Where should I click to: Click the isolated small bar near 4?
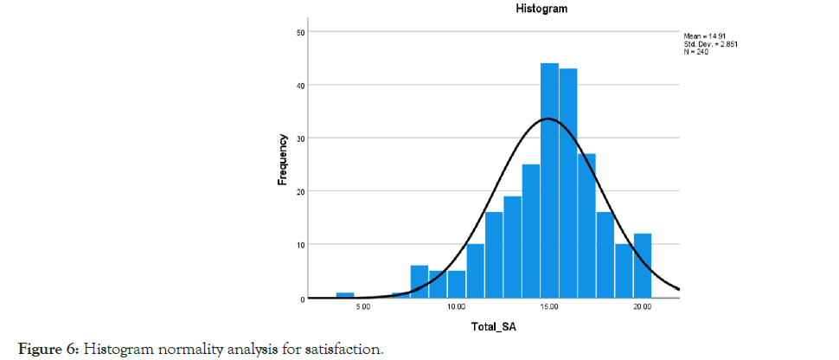(x=345, y=295)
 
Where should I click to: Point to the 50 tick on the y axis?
(x=300, y=32)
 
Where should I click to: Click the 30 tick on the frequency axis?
(x=300, y=138)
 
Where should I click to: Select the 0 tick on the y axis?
(x=303, y=299)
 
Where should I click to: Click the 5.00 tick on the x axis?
(x=363, y=306)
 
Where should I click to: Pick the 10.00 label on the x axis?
(x=456, y=306)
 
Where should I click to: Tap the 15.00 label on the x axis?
(x=549, y=306)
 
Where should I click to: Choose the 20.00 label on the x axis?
(x=642, y=306)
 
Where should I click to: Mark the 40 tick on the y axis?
(x=300, y=85)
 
